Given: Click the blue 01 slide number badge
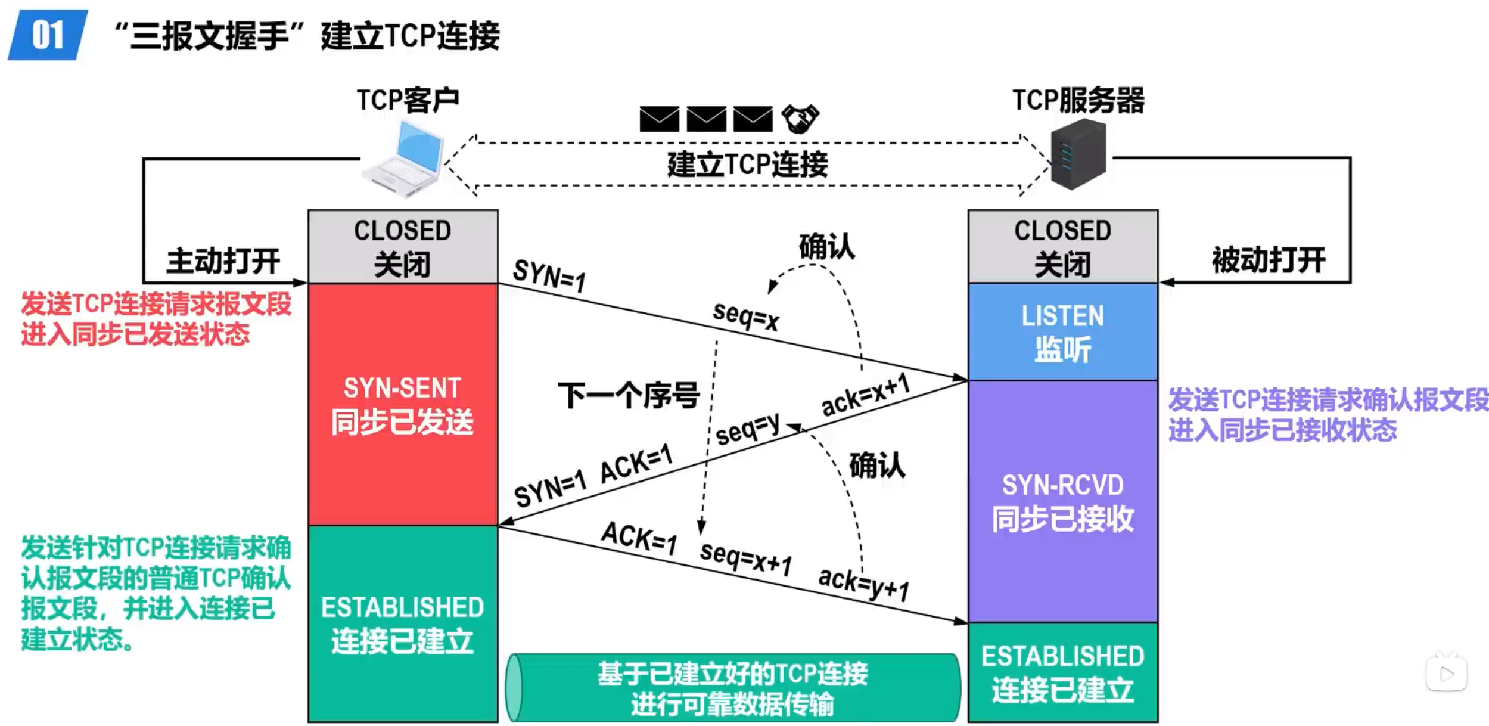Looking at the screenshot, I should click(48, 35).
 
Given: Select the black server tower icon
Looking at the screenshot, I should click(1078, 154).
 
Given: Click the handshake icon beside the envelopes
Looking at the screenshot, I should click(800, 119).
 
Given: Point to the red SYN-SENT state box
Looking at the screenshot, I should click(403, 404).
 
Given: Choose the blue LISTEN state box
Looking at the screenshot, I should click(1062, 331).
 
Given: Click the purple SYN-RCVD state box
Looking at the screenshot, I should click(1062, 501).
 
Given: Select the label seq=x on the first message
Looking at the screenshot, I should click(745, 315).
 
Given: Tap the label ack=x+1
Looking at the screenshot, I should click(865, 395).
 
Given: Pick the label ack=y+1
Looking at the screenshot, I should click(863, 584).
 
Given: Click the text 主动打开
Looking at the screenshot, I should click(223, 261).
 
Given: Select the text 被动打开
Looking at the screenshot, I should click(1269, 260).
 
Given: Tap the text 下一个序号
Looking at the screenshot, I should click(629, 395).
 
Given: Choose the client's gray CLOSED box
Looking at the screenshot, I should click(403, 246).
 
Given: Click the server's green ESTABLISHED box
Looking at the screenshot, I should click(1062, 672).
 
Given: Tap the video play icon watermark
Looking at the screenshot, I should click(1446, 673).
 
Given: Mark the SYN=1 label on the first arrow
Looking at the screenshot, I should click(549, 275).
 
